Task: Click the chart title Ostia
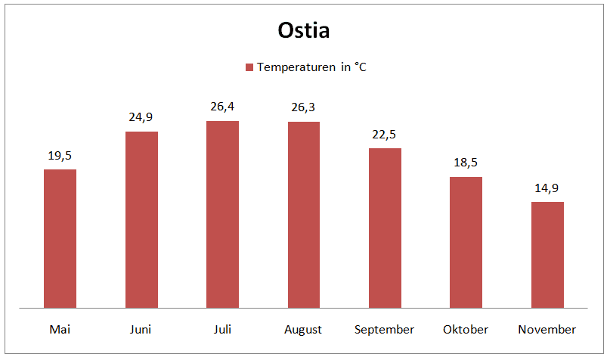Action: (x=303, y=30)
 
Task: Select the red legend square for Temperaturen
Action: (x=249, y=67)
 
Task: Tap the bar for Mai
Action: (x=60, y=238)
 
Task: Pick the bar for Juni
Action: (x=141, y=220)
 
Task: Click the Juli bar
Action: (x=222, y=215)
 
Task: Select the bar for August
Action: (x=304, y=215)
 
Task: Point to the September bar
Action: (x=386, y=228)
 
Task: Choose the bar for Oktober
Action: (x=466, y=243)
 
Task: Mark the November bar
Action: (x=547, y=255)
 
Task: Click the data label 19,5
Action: (x=60, y=156)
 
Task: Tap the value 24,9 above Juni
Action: (x=141, y=117)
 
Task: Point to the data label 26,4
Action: (x=222, y=107)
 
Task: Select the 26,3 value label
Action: (x=303, y=107)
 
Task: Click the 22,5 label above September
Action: (x=384, y=135)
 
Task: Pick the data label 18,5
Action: (x=466, y=163)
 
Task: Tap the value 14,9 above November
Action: (x=547, y=188)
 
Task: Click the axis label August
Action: (x=303, y=330)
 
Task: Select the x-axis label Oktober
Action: (x=466, y=330)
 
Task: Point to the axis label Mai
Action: (x=60, y=330)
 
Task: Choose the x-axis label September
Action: (x=384, y=330)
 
